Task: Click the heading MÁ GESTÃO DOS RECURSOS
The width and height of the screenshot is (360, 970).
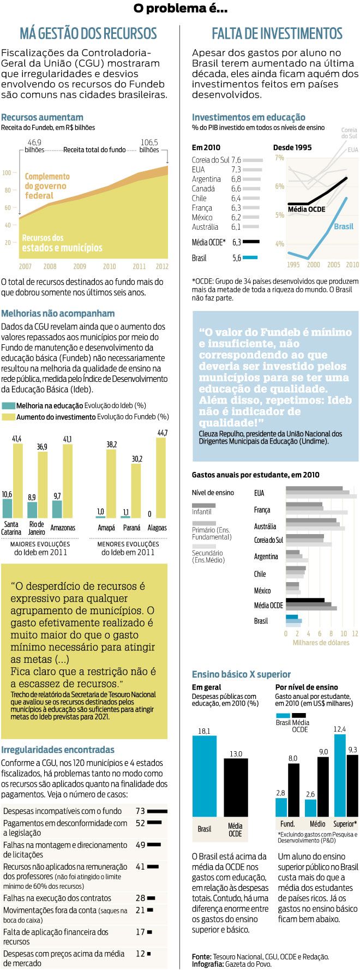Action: coord(88,34)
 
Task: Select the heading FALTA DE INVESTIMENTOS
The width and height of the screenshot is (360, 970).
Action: coord(277,34)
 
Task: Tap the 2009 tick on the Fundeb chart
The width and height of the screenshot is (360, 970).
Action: coord(80,267)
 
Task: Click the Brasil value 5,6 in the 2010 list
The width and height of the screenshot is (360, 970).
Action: coord(236,258)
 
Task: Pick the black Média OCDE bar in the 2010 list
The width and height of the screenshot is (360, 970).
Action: coord(251,242)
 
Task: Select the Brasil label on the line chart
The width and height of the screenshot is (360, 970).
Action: coord(343,226)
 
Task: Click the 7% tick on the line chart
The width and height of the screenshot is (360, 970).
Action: coord(279,158)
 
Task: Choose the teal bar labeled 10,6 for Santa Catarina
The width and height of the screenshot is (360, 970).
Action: coord(7,508)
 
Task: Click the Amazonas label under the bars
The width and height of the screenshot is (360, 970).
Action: coord(63,528)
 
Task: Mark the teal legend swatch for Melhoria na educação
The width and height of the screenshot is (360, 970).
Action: coord(8,406)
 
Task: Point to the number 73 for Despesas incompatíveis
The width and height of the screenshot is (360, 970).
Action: coord(140,811)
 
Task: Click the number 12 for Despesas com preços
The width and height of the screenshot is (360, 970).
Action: coord(140,954)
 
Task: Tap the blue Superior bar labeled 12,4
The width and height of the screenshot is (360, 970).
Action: coord(339,775)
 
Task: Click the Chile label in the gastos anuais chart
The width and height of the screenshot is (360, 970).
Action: coord(260,574)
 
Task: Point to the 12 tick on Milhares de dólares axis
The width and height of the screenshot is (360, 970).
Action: coord(355,633)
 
